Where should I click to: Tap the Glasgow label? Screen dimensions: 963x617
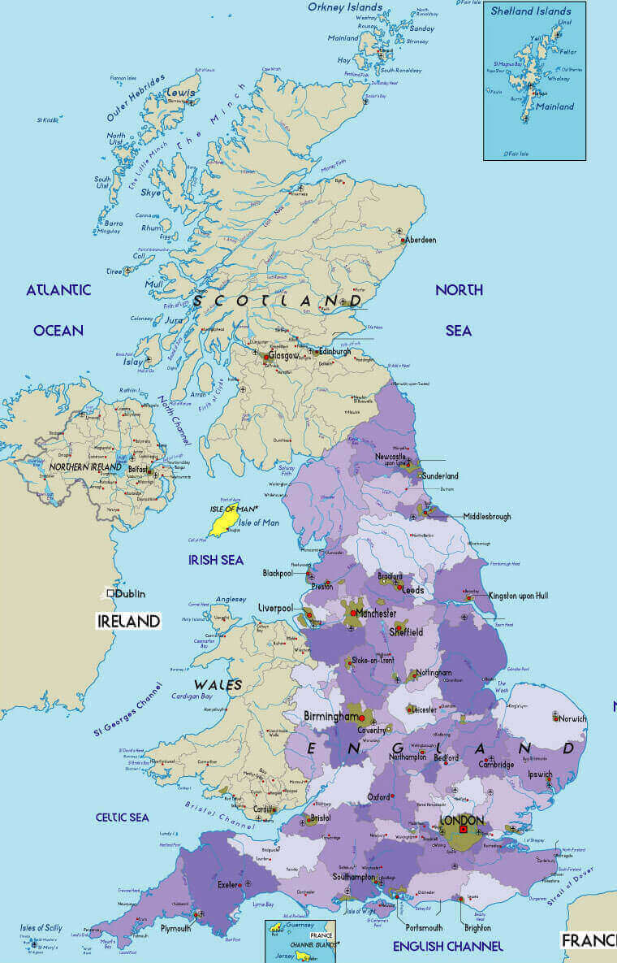pyautogui.click(x=283, y=355)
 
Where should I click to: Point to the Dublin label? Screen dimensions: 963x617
pyautogui.click(x=130, y=594)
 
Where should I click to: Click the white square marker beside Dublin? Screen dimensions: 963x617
pyautogui.click(x=110, y=594)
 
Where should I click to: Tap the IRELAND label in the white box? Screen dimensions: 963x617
pyautogui.click(x=128, y=621)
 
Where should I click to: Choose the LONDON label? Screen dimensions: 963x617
pyautogui.click(x=461, y=820)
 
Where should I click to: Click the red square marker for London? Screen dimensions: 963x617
pyautogui.click(x=463, y=830)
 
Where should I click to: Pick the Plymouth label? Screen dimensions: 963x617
pyautogui.click(x=175, y=928)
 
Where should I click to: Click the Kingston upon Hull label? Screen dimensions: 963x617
pyautogui.click(x=519, y=596)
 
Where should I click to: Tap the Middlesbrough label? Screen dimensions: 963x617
pyautogui.click(x=487, y=516)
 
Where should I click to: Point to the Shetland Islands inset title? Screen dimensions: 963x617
pyautogui.click(x=531, y=11)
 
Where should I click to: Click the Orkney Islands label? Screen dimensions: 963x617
pyautogui.click(x=345, y=7)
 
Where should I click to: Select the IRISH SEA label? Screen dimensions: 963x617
pyautogui.click(x=216, y=560)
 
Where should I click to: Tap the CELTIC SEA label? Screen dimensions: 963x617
pyautogui.click(x=122, y=817)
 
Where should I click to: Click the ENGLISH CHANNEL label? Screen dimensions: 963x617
pyautogui.click(x=448, y=946)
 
